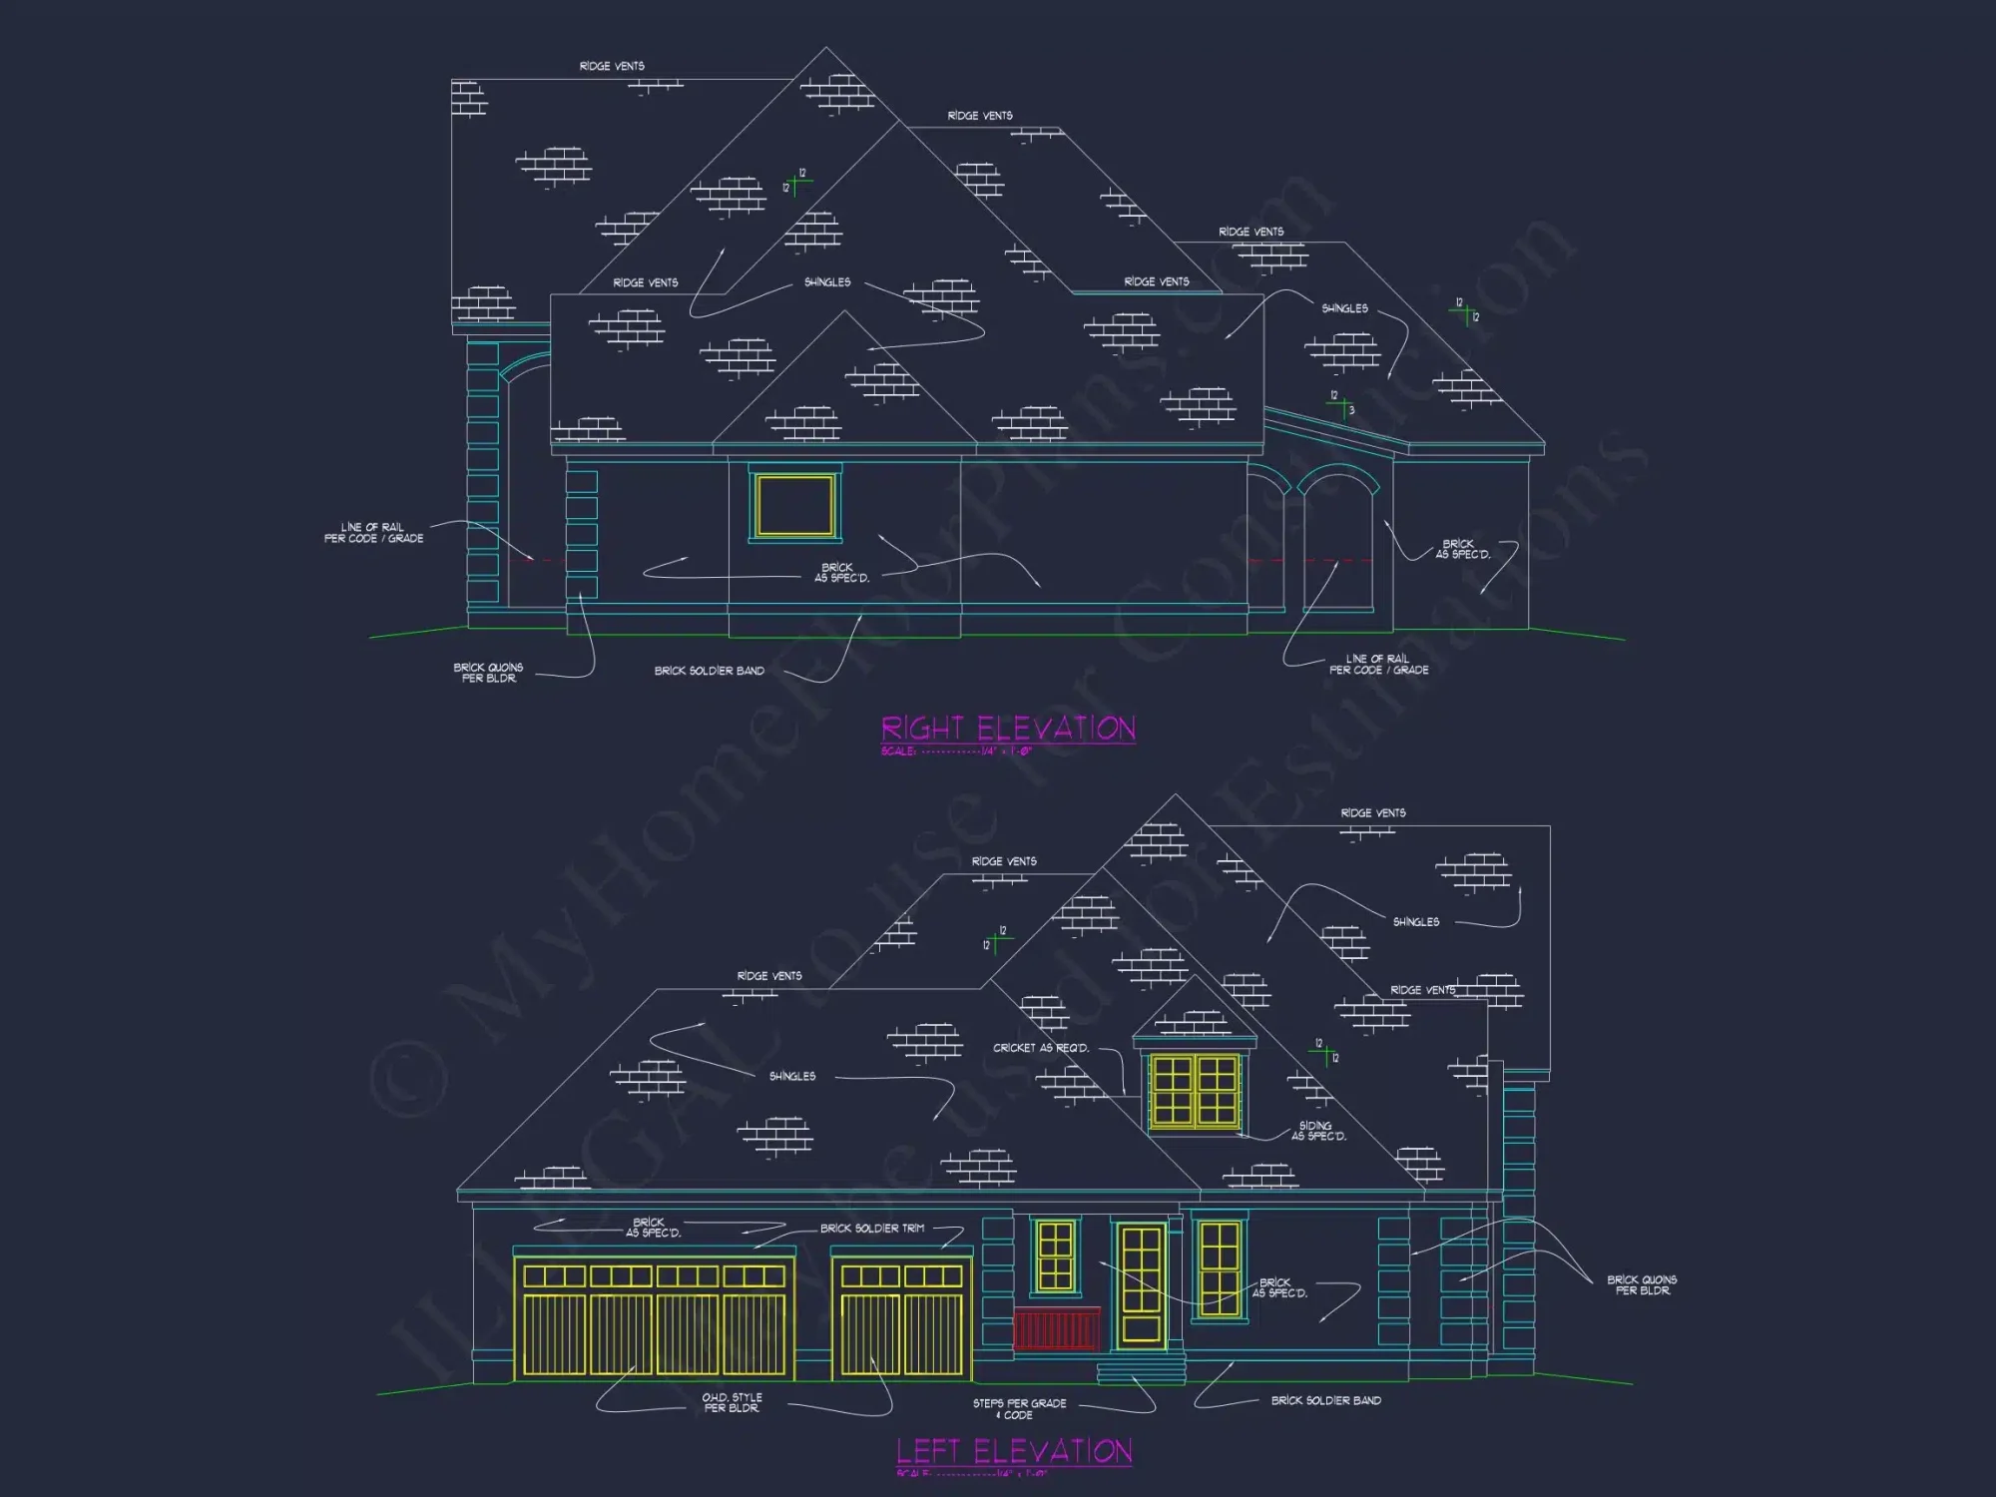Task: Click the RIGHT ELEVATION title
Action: click(x=1008, y=729)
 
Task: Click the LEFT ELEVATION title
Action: click(x=1014, y=1450)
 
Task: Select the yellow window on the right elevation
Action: click(x=794, y=506)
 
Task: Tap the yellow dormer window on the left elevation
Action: click(x=1194, y=1090)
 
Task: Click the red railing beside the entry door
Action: click(x=1057, y=1329)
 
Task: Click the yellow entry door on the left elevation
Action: click(x=1141, y=1285)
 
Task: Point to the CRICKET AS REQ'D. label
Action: click(x=1041, y=1048)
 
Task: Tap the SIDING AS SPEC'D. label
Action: click(x=1318, y=1131)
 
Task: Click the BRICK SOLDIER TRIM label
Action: click(x=872, y=1229)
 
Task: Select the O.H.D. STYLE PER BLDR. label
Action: click(x=732, y=1402)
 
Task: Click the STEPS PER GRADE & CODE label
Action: click(x=1019, y=1408)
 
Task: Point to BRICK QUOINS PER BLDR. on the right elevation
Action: click(x=488, y=673)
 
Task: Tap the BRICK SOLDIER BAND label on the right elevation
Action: click(x=709, y=671)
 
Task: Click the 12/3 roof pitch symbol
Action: click(x=1340, y=403)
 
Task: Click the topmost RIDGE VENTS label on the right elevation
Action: click(x=612, y=66)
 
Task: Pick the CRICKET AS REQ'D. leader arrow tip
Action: click(x=1138, y=1096)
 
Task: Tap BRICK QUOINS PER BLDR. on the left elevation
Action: click(x=1642, y=1284)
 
